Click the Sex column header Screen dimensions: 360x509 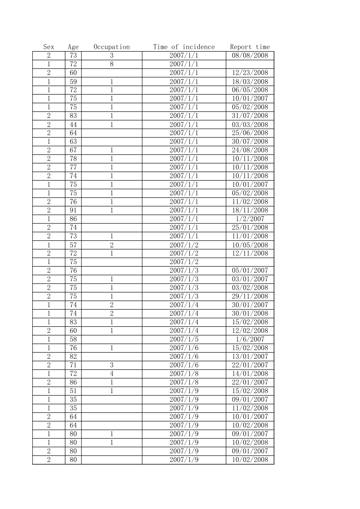pos(49,47)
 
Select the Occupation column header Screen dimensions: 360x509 pos(111,47)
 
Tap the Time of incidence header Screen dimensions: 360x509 pos(184,47)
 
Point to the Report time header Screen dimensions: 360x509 pos(250,47)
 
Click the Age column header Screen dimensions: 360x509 pos(73,47)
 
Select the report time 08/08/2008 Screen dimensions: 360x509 pos(250,55)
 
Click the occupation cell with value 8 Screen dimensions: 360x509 pos(111,64)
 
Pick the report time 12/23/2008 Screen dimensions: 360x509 pos(250,73)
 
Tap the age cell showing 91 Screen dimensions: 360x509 pos(73,210)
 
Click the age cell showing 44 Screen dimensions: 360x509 pos(73,124)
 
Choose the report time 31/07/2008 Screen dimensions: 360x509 pos(250,116)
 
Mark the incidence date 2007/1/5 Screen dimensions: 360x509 pos(184,339)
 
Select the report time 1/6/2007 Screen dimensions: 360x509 pos(250,339)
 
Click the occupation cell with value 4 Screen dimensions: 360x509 pos(111,374)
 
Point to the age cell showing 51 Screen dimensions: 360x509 pos(73,391)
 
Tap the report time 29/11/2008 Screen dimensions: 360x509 pos(250,296)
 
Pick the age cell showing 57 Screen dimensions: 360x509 pos(73,245)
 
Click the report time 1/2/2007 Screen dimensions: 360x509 pos(250,219)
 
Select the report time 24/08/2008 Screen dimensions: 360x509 pos(250,150)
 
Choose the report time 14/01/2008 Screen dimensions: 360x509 pos(250,374)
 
